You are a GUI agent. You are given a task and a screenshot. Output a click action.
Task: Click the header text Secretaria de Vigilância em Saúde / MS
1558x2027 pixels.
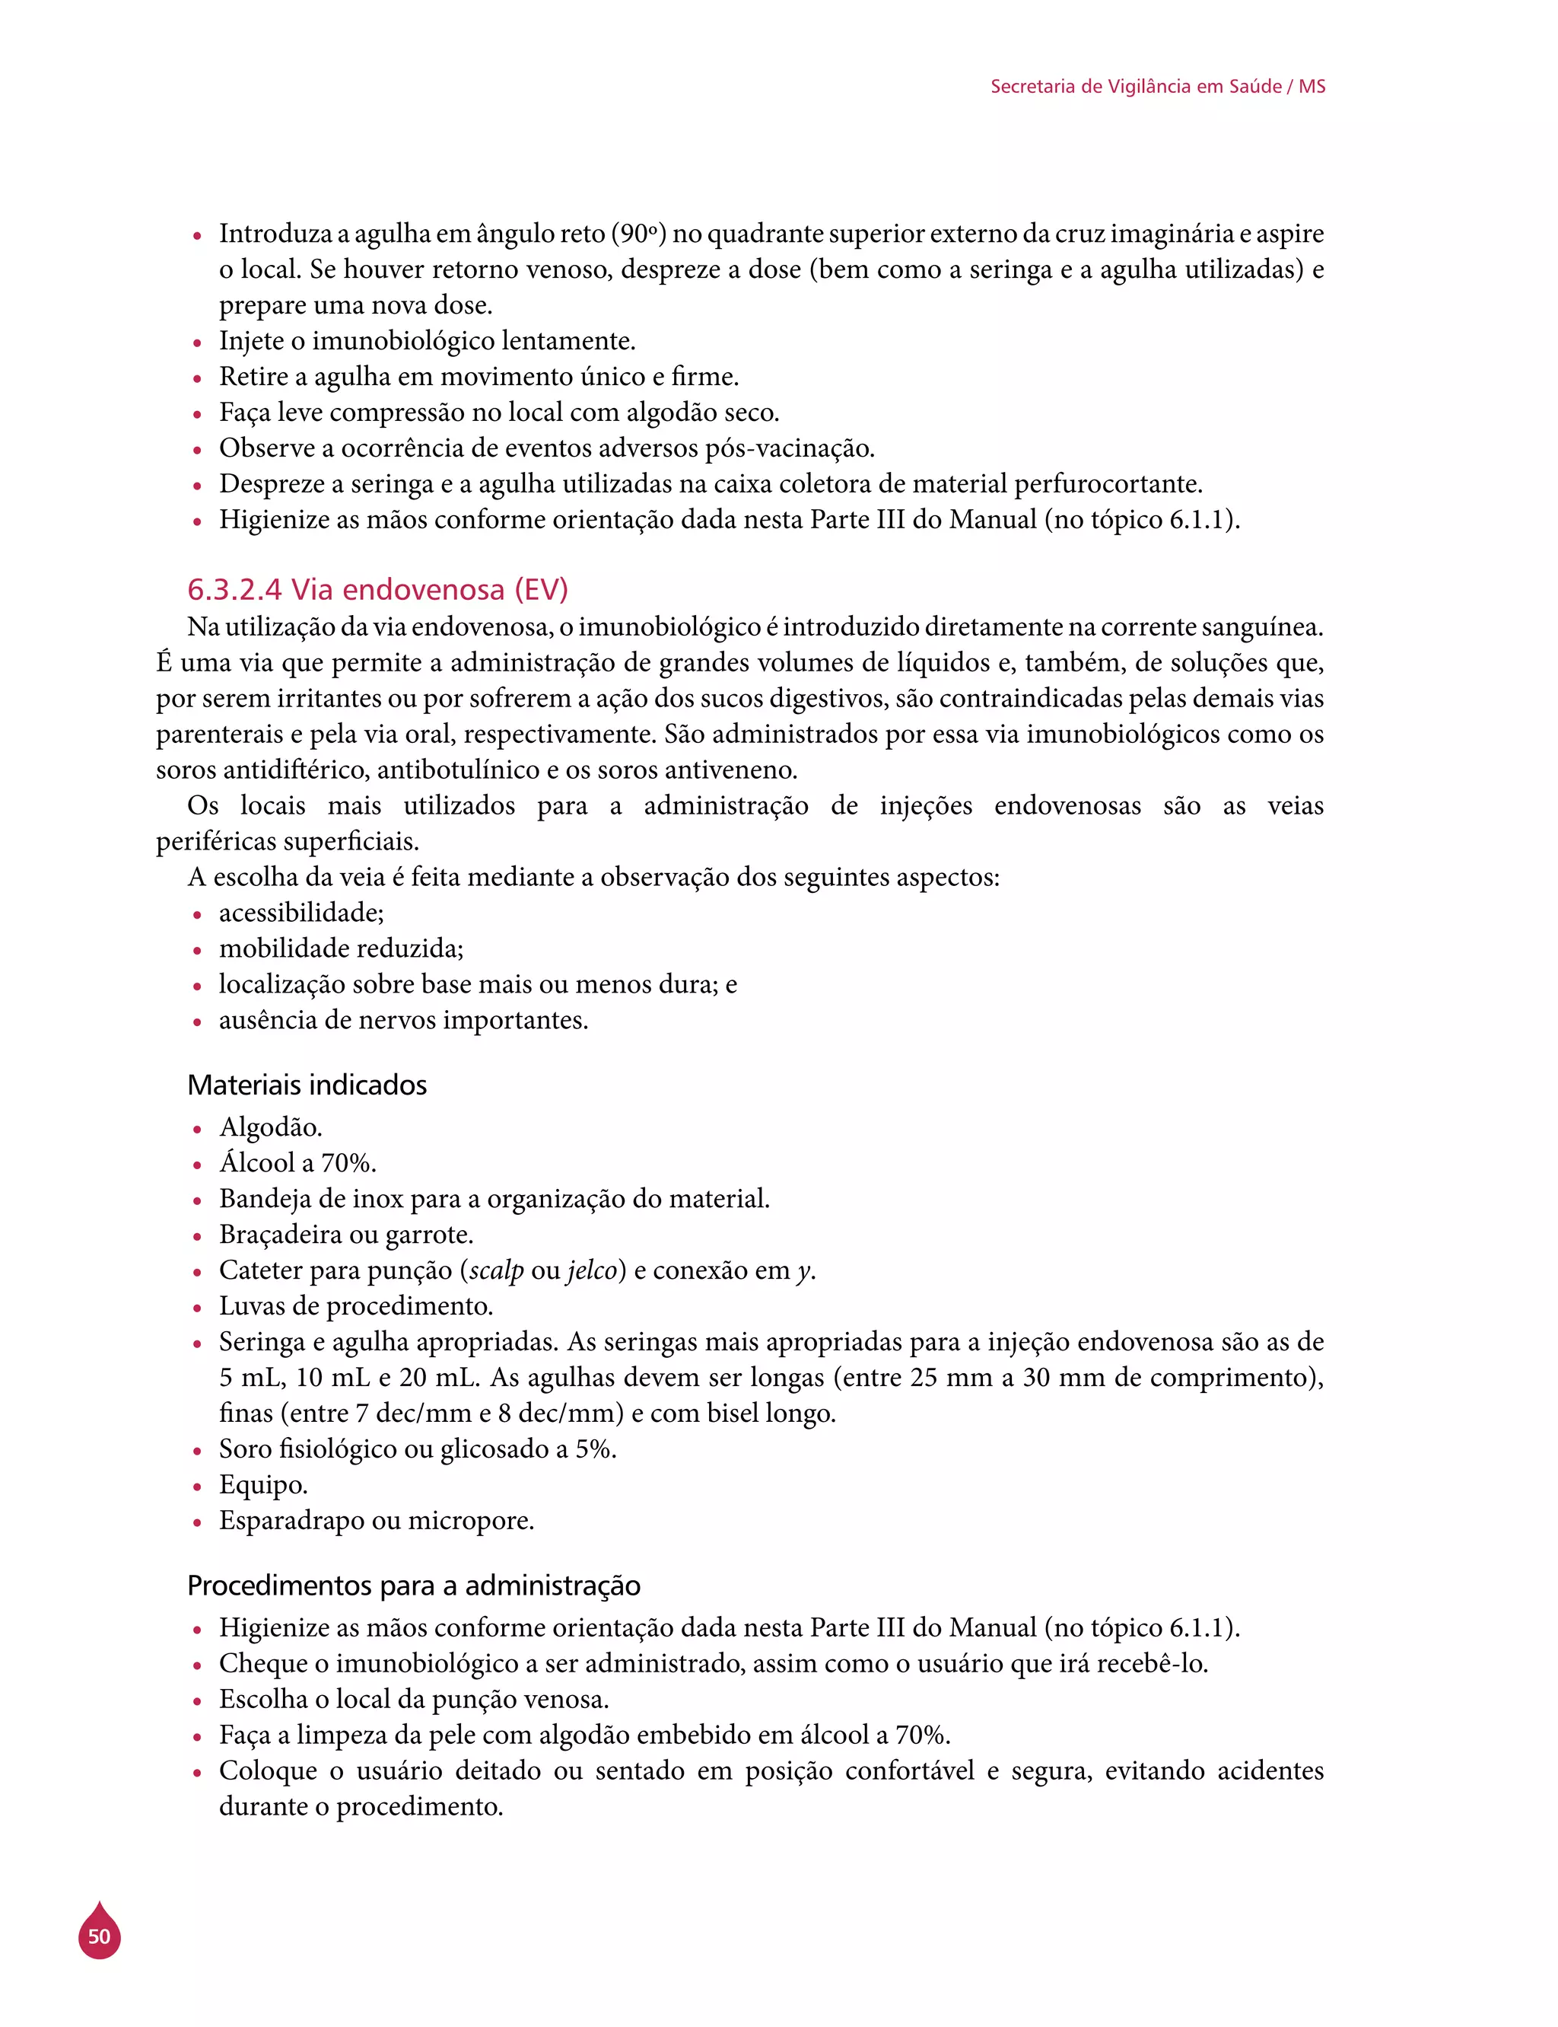1157,86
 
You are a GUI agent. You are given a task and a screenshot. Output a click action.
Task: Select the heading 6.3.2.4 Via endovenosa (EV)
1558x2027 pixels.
377,589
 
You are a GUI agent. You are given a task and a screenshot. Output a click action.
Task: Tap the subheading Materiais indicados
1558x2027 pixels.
307,1085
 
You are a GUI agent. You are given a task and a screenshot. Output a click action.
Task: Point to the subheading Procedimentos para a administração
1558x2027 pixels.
414,1585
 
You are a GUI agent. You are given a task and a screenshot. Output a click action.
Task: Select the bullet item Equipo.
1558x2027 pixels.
263,1484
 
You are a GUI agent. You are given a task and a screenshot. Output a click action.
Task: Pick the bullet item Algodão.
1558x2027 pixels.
271,1127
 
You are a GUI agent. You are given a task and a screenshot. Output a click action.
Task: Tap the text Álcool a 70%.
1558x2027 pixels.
297,1162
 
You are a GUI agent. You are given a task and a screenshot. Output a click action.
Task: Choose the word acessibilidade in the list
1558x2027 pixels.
300,913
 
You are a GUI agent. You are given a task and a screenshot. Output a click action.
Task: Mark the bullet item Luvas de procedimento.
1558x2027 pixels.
356,1305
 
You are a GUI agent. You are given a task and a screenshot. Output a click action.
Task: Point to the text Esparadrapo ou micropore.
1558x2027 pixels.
377,1521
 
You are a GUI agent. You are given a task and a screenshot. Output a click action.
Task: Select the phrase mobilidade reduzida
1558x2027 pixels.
340,948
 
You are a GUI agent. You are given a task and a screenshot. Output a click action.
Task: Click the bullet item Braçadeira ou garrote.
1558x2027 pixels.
346,1234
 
